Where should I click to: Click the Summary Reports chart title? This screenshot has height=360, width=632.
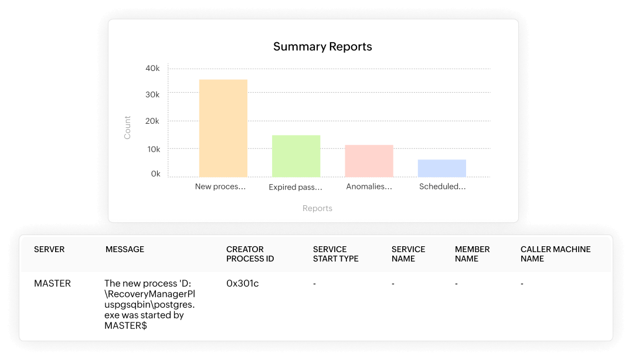(x=322, y=47)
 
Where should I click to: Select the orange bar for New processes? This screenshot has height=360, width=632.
(x=223, y=128)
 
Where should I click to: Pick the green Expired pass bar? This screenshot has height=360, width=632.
(x=295, y=156)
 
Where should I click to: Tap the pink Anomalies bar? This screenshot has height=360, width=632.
(x=369, y=161)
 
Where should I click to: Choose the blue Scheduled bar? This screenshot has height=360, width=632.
(x=441, y=168)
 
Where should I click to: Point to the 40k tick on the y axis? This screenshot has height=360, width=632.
(x=152, y=69)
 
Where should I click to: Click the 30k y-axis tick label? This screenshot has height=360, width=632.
(x=152, y=94)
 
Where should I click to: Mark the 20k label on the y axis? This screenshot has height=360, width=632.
(x=152, y=121)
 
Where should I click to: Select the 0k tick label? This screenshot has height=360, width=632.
(x=155, y=174)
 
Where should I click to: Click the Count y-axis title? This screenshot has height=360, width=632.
(x=128, y=127)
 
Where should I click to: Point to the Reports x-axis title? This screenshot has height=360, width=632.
(x=317, y=208)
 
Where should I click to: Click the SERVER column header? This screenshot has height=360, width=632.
(x=49, y=249)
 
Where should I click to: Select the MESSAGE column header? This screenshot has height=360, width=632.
(x=125, y=249)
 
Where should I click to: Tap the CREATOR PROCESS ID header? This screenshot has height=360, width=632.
(x=250, y=254)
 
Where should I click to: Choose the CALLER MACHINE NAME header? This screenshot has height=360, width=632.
(x=555, y=254)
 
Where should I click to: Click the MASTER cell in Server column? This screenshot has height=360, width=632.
(x=52, y=283)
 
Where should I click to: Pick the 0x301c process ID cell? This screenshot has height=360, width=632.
(x=242, y=283)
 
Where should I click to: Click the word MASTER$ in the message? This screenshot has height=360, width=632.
(x=125, y=325)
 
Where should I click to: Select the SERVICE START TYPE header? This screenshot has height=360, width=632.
(x=335, y=254)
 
